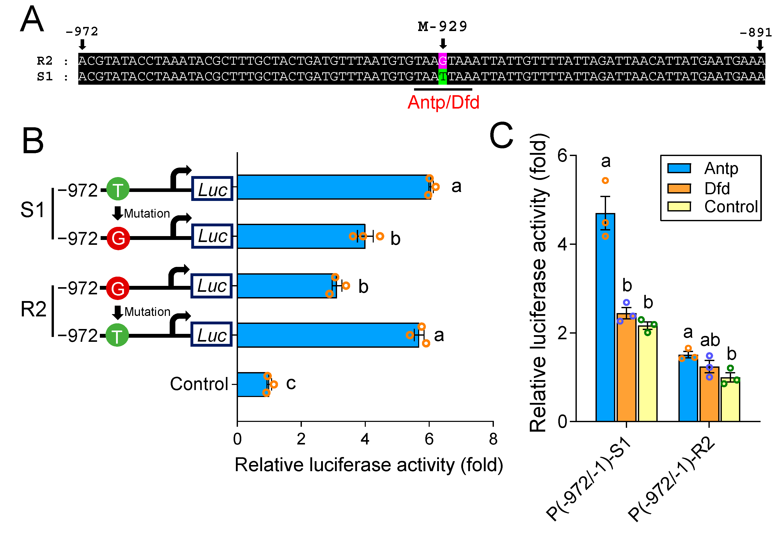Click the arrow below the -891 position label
(760, 45)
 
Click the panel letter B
(33, 141)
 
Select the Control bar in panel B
(252, 384)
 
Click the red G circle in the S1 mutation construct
(118, 238)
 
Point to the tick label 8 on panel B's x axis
(493, 439)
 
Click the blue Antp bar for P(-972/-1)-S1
(605, 317)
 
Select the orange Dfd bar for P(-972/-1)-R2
(709, 394)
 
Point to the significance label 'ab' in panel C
(710, 341)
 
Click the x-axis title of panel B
(369, 465)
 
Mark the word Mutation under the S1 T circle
(147, 214)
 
